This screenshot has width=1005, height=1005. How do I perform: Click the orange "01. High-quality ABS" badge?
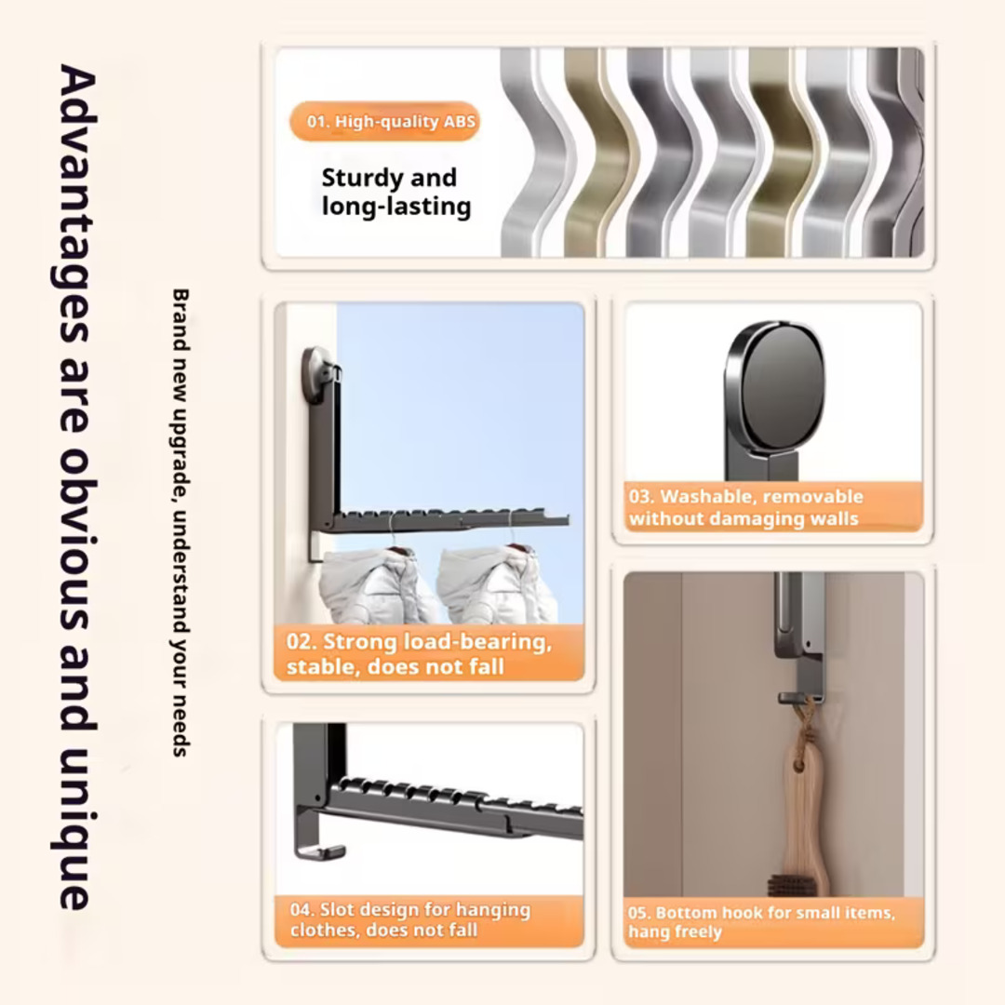pyautogui.click(x=384, y=121)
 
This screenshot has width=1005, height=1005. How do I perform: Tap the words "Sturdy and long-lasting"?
pyautogui.click(x=396, y=192)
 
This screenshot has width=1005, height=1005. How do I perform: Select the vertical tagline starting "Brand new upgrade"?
pyautogui.click(x=181, y=522)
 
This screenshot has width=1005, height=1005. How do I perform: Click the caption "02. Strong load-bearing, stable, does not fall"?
pyautogui.click(x=419, y=654)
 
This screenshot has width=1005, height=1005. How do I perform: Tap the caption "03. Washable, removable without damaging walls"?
pyautogui.click(x=745, y=507)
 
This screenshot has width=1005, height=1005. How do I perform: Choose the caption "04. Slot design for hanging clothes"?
pyautogui.click(x=410, y=919)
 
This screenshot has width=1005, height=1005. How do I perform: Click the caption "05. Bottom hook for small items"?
pyautogui.click(x=761, y=921)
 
